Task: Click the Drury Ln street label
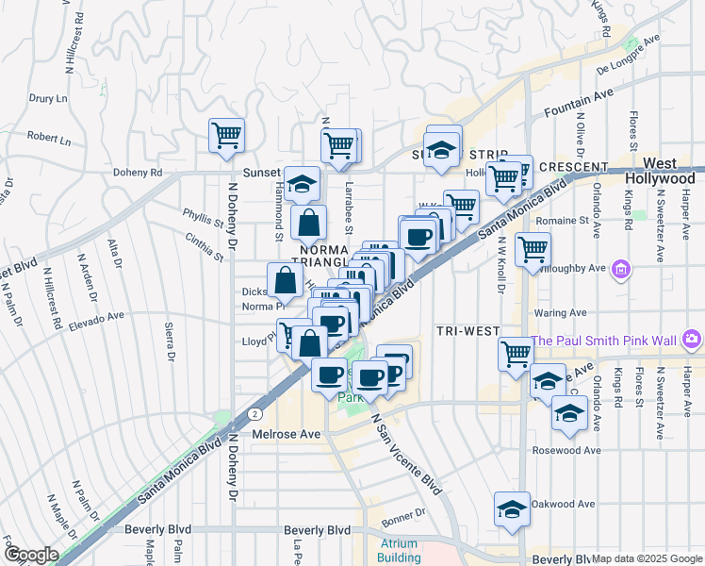click(x=47, y=97)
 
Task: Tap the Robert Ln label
click(x=48, y=138)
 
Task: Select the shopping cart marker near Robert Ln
click(x=226, y=136)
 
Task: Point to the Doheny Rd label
click(x=138, y=173)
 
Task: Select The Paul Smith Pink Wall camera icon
click(x=693, y=339)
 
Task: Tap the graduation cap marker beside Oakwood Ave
click(x=511, y=509)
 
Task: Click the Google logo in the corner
click(x=30, y=555)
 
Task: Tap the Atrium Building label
click(x=400, y=550)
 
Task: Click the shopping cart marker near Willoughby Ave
click(x=533, y=249)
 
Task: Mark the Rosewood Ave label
click(x=566, y=450)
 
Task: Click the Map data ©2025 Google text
click(x=647, y=558)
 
